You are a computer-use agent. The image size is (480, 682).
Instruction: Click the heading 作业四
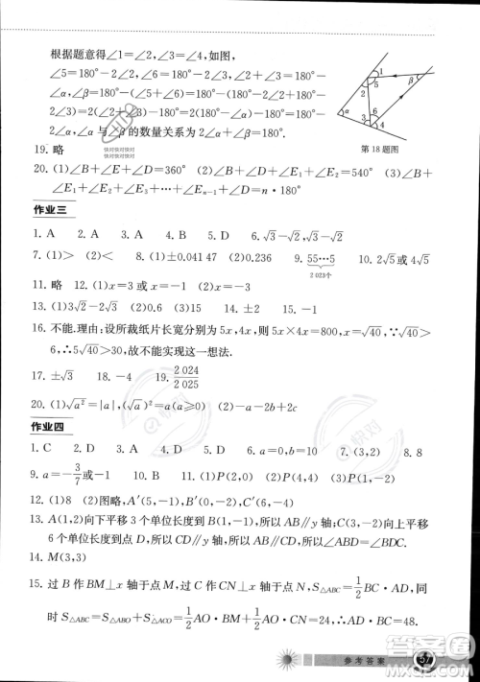point(46,426)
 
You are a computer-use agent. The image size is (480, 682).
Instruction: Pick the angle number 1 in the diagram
point(381,71)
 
